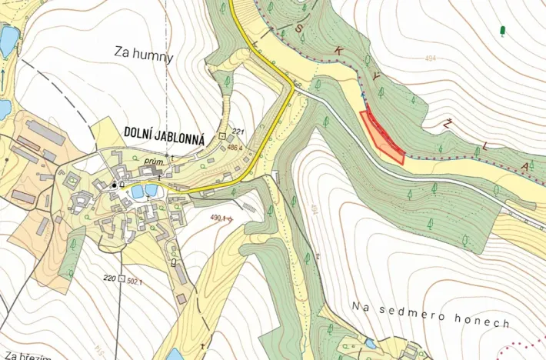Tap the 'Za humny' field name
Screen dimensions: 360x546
[144, 55]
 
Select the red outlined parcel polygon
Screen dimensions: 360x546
[382, 136]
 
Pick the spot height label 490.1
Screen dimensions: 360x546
[219, 218]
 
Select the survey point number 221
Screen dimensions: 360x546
[238, 130]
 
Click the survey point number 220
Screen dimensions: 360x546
[109, 277]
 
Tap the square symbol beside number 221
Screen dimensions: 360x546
[223, 137]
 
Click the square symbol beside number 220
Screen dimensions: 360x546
[122, 277]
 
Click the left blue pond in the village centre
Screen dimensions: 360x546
[138, 192]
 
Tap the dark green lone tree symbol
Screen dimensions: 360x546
[503, 31]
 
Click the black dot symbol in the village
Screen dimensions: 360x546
[115, 185]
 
